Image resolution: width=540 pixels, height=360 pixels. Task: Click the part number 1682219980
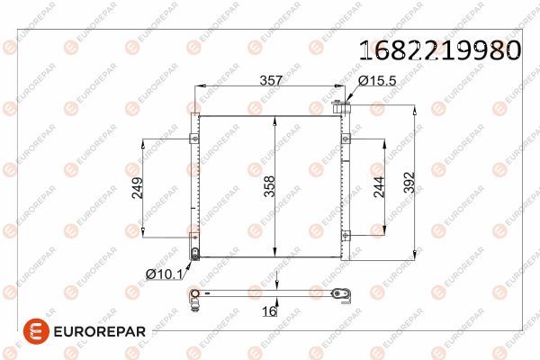pos(440,50)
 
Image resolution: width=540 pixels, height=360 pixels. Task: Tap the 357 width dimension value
pos(271,80)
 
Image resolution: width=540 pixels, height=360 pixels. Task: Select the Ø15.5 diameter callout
pos(378,80)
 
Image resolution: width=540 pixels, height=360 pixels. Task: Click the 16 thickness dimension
pos(267,311)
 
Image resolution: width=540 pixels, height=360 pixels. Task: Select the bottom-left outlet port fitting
pos(195,252)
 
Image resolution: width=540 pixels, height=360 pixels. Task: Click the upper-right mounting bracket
pos(345,139)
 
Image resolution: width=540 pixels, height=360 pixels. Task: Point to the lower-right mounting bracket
pos(345,236)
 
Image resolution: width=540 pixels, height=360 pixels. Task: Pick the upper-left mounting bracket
pos(193,139)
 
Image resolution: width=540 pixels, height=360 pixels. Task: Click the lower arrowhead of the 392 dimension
pos(413,253)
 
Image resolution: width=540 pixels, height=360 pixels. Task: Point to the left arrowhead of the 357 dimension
pos(200,87)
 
